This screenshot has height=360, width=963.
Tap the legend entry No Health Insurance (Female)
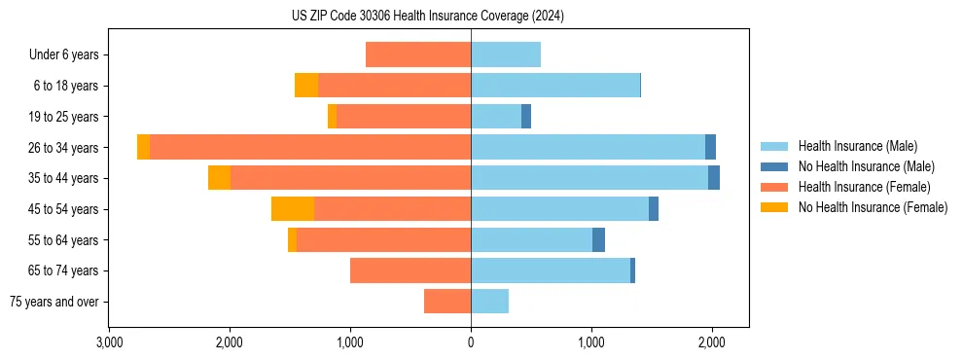(x=872, y=207)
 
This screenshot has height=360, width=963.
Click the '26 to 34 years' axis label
(x=63, y=148)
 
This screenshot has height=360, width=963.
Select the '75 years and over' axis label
(x=54, y=302)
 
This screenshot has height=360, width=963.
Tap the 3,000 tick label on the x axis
(x=110, y=342)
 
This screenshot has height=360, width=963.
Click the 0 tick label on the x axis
(x=471, y=342)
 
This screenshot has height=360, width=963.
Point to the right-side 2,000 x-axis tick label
(x=711, y=342)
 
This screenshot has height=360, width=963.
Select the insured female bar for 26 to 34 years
(x=310, y=147)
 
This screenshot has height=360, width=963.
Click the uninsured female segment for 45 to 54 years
(x=293, y=208)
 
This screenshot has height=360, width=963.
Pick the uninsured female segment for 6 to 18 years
(x=306, y=86)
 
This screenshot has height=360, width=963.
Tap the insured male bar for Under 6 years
(x=506, y=54)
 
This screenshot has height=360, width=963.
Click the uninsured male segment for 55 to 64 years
(x=598, y=239)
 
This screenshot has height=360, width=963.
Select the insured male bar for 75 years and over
(x=489, y=302)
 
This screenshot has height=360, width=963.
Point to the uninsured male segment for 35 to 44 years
(x=714, y=178)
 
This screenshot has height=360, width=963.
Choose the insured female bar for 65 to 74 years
(x=410, y=270)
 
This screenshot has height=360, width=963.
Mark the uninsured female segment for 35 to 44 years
(x=220, y=178)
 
